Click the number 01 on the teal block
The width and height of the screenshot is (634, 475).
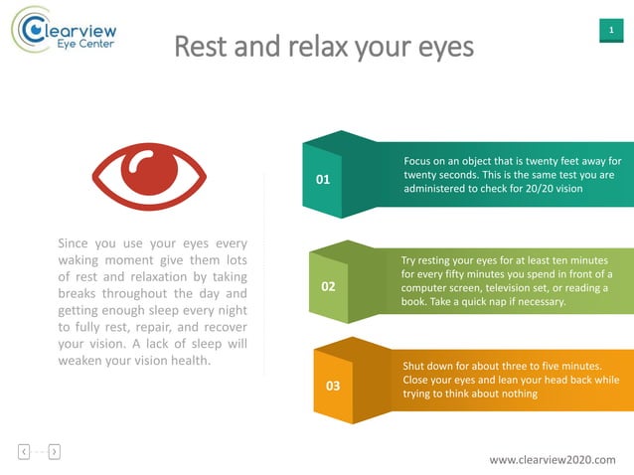click(x=322, y=180)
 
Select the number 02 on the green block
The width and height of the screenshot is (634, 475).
click(x=328, y=286)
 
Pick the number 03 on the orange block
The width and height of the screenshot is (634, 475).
click(x=333, y=386)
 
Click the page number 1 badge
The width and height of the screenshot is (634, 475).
click(x=609, y=32)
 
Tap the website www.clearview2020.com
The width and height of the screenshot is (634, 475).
click(x=553, y=460)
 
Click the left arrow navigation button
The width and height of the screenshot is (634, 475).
click(x=23, y=452)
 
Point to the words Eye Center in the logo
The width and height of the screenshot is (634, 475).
click(x=83, y=45)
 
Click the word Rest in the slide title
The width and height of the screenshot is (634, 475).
click(x=201, y=47)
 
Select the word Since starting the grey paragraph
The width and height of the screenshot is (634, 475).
click(x=76, y=242)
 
